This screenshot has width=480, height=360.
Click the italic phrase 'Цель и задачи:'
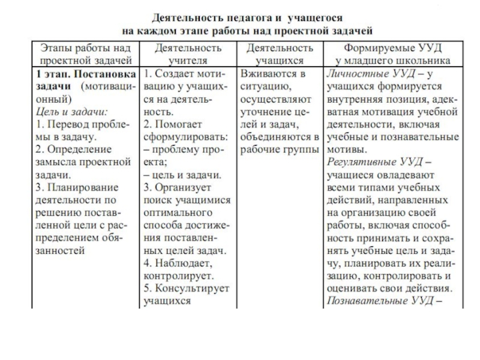click(64, 112)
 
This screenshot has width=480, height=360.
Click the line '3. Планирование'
click(75, 187)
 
